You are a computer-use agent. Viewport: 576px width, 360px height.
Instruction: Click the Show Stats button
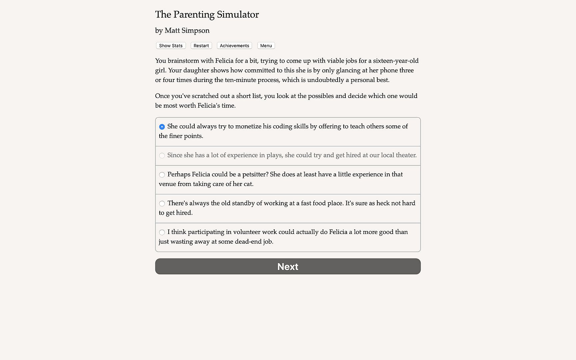pos(171,46)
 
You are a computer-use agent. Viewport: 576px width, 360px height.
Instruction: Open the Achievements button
pos(234,46)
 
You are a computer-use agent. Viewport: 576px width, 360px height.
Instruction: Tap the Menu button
pos(266,46)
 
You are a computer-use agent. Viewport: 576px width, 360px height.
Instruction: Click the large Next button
pos(288,266)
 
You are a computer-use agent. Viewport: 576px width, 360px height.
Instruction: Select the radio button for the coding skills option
pos(162,127)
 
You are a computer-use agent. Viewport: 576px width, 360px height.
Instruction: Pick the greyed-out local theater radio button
pos(162,155)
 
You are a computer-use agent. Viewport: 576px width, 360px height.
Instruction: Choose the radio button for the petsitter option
pos(162,175)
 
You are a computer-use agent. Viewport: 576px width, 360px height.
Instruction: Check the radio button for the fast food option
pos(162,203)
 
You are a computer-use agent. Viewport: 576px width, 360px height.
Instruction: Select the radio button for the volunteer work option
pos(162,232)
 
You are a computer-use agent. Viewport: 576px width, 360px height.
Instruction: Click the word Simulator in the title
pos(238,15)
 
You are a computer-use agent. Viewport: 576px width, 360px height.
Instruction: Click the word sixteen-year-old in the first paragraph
pos(396,61)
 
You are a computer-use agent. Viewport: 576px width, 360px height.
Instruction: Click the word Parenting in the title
pos(194,15)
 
